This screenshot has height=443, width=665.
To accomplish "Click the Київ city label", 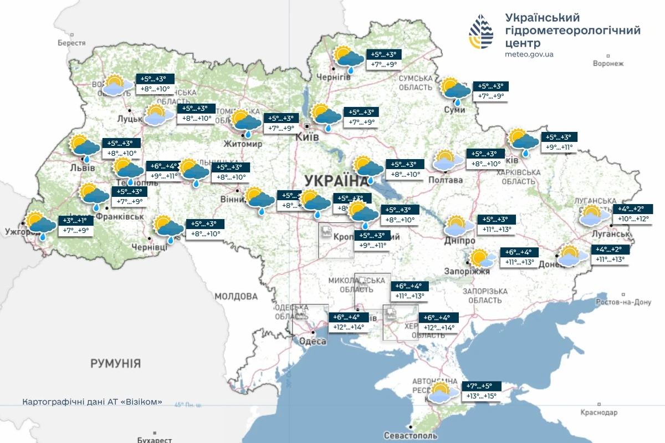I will [x=307, y=136].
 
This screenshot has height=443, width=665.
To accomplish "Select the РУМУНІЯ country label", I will [x=116, y=364].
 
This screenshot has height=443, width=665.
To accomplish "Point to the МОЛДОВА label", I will [x=236, y=296].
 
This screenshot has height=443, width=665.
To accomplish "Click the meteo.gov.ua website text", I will [x=529, y=54].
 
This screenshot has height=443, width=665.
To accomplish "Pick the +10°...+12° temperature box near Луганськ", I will [x=632, y=219].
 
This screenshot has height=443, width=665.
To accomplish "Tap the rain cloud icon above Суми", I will [x=456, y=91].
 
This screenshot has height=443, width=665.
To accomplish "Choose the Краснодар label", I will [x=598, y=413].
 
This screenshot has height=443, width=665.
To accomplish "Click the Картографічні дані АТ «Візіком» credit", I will [x=93, y=402].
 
